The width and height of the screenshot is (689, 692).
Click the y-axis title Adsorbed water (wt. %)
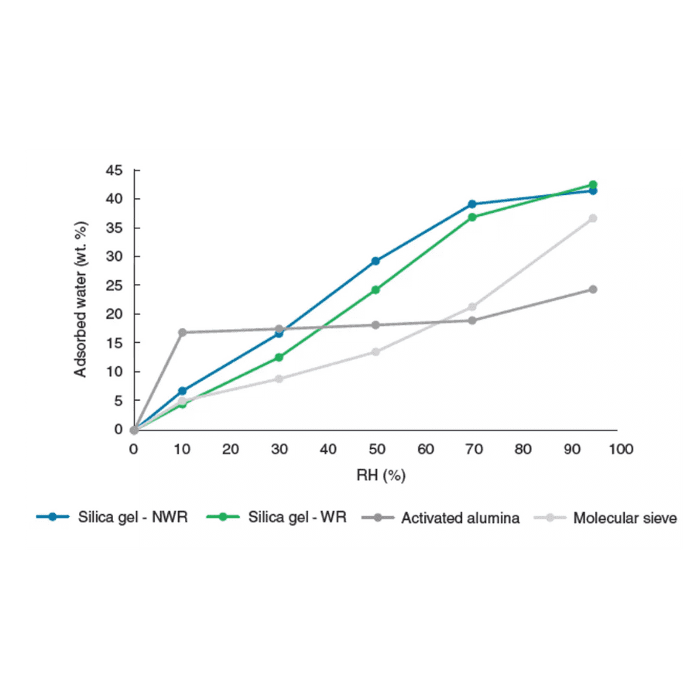81,299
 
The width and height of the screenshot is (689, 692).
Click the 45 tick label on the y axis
115,170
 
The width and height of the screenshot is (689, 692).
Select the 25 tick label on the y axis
115,286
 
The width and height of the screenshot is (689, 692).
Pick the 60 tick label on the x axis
425,449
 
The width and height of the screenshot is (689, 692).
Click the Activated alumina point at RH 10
183,333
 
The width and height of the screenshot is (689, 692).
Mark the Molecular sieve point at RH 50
376,351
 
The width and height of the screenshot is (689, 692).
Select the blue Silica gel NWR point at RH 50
376,261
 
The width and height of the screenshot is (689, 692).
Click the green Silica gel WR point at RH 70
472,217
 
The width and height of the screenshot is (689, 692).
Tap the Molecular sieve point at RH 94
593,218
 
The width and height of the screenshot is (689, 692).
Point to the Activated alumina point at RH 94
593,289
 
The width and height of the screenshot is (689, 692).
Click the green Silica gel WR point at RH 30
279,358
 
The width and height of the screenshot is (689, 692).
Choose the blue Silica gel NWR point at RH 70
472,204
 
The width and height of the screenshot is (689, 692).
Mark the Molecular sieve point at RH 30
279,379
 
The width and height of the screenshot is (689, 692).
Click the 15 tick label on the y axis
115,343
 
